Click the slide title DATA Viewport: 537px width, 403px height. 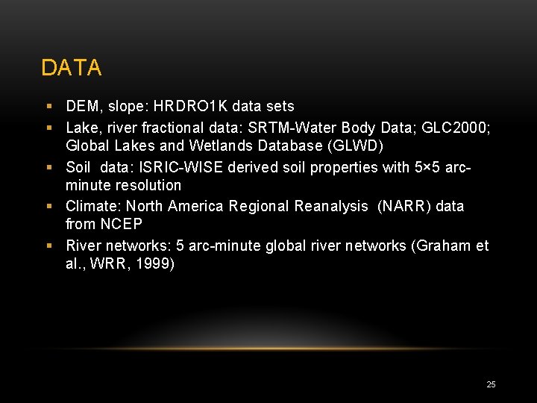[x=71, y=68]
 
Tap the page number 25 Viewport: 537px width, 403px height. [x=491, y=384]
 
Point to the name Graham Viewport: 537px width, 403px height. [x=445, y=245]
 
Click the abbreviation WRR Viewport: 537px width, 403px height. [x=109, y=264]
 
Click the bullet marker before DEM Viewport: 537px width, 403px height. [x=49, y=107]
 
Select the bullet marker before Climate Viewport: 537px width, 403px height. [x=49, y=206]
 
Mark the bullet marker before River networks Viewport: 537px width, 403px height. [x=49, y=246]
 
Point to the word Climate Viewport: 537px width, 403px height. [x=92, y=205]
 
